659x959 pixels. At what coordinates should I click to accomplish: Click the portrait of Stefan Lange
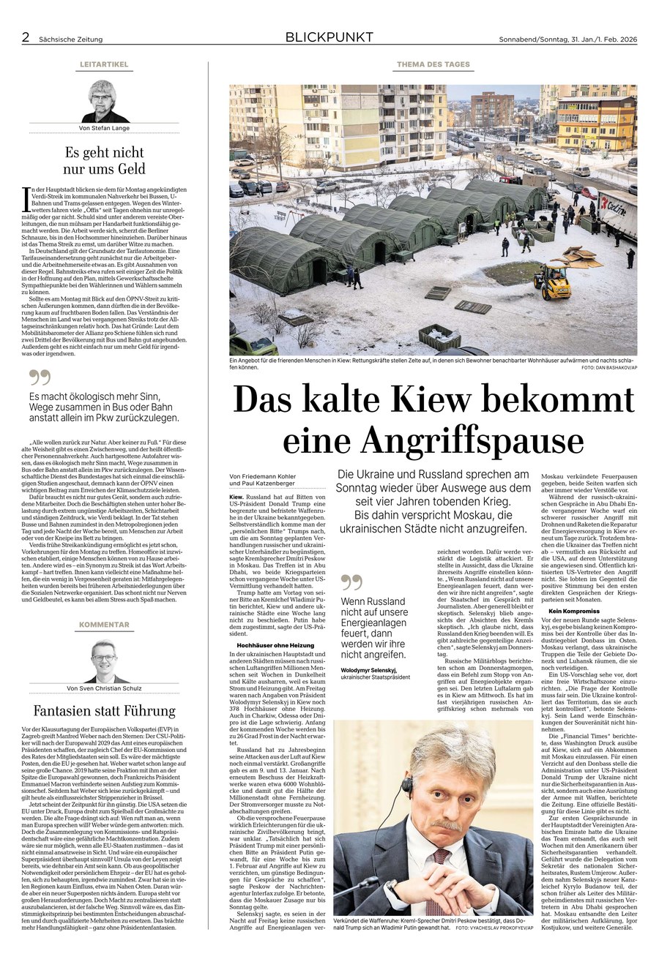(104, 102)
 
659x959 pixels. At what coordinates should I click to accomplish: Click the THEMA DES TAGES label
(433, 64)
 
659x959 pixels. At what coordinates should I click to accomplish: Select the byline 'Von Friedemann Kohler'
(261, 475)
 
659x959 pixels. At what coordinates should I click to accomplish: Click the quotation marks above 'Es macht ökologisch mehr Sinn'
(40, 377)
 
